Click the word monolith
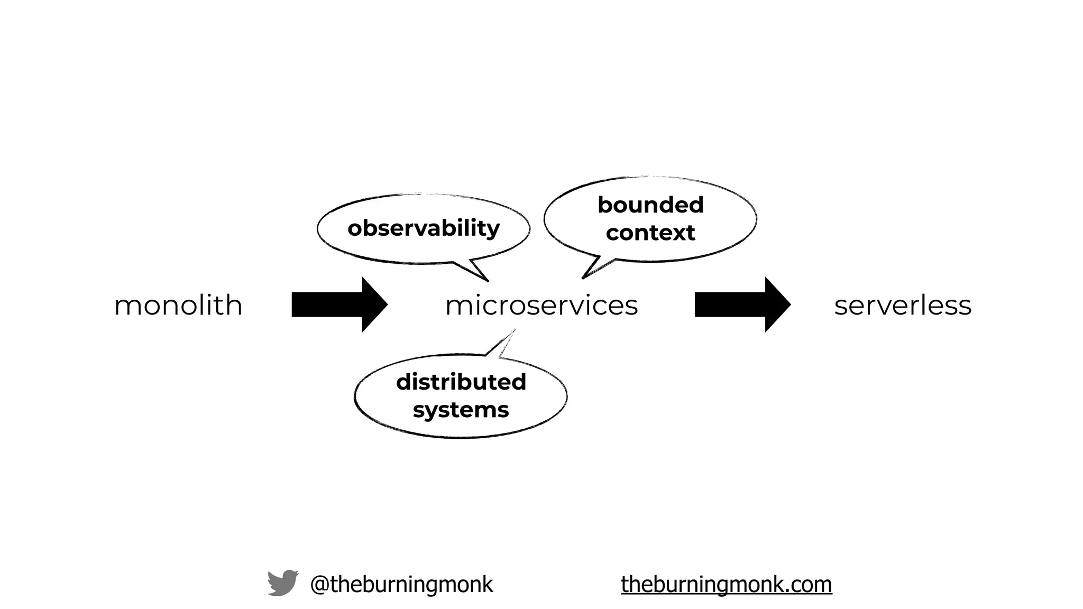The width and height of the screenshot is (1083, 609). [178, 306]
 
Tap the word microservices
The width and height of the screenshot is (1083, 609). [541, 306]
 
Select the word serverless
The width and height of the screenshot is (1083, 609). [903, 306]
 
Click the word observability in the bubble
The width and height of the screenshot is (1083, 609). [424, 228]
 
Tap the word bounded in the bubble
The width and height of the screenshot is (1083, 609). [650, 205]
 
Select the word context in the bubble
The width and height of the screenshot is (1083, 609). [650, 233]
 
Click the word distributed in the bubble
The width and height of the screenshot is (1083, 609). [461, 382]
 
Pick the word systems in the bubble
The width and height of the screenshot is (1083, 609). [461, 410]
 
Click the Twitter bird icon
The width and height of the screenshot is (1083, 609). [282, 583]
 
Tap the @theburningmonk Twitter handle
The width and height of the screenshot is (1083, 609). [401, 584]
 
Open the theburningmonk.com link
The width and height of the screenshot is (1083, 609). [726, 584]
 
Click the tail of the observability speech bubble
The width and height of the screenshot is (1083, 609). [476, 271]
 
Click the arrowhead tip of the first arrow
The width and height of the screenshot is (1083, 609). [386, 304]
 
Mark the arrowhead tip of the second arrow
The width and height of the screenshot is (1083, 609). [788, 304]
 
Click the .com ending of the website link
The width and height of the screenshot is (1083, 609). [809, 584]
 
